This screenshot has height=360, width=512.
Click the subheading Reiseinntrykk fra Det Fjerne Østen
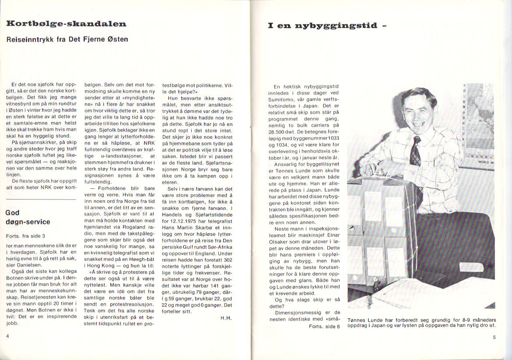point(67,39)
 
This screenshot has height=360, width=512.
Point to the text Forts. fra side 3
point(25,236)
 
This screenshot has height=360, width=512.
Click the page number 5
point(494,337)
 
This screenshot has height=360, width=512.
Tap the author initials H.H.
point(226,318)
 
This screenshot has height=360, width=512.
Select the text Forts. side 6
point(324,327)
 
